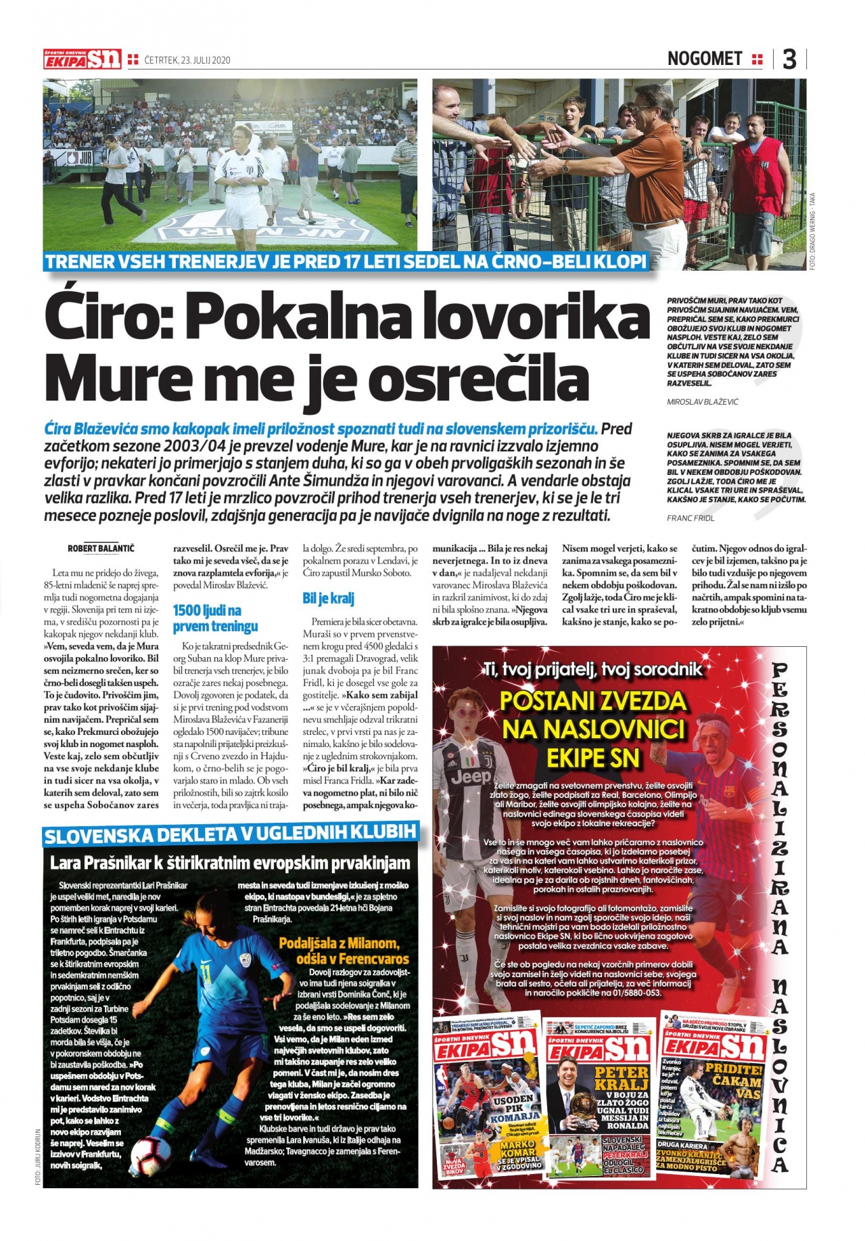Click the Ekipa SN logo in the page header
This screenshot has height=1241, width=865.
coord(82,59)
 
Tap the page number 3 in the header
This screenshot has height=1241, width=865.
coord(789,60)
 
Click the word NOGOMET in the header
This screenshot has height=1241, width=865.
coord(704,59)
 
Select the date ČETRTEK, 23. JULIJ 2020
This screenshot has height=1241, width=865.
coord(187,60)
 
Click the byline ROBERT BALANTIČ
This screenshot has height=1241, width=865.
coord(101,548)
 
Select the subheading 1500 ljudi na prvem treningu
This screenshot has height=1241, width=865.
coord(215,618)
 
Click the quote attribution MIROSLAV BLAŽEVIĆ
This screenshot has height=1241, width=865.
coord(703,402)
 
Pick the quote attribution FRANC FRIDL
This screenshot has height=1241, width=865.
coord(691,518)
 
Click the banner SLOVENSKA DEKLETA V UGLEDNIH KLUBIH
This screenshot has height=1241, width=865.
coord(230,835)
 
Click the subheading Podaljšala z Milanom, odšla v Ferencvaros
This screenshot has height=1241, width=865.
coord(344,951)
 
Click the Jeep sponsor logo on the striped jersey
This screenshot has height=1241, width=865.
coord(471,777)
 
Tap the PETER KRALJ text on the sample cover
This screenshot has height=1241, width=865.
coord(621,1078)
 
